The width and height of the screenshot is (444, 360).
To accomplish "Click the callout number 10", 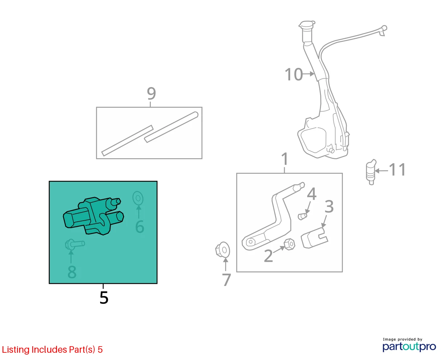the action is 293,74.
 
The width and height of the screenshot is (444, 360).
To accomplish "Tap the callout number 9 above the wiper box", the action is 151,93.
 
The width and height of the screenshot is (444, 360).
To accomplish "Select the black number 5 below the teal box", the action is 104,298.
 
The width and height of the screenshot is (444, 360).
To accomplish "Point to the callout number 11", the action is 397,169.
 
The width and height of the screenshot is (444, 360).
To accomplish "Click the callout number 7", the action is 226,280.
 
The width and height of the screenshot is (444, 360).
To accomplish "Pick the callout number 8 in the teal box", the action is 72,272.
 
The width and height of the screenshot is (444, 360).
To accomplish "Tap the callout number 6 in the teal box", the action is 140,226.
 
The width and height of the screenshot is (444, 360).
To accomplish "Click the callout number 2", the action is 268,256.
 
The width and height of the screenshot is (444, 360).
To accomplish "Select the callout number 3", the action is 329,206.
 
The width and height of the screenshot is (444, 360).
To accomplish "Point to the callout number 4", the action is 312,194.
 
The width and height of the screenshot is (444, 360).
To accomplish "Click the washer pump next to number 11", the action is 371,172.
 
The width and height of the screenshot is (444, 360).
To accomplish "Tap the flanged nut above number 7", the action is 222,250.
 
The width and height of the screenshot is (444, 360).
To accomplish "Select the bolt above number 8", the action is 75,244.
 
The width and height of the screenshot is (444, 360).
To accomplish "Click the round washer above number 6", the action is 138,198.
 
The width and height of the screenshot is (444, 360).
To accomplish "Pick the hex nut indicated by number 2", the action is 289,244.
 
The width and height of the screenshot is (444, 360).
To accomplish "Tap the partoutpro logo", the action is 409,347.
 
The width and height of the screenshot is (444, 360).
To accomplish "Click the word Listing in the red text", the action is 16,350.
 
